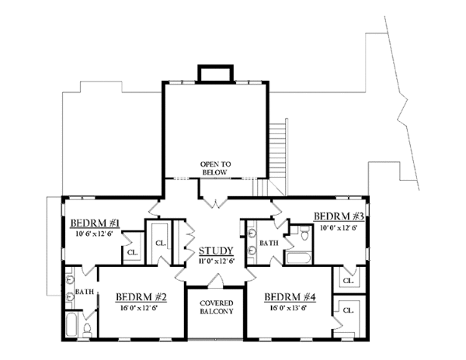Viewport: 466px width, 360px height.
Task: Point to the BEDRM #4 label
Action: click(289, 296)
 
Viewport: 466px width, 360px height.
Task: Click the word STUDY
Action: click(215, 251)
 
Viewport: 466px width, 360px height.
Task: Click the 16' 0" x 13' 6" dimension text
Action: click(289, 306)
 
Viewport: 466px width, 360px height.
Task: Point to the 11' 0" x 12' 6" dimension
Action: click(215, 261)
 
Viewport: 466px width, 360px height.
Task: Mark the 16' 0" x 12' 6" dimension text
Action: click(141, 306)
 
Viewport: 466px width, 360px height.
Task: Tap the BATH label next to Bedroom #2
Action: click(83, 293)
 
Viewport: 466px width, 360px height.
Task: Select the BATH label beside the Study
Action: click(269, 243)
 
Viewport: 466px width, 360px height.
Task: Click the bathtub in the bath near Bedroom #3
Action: click(295, 258)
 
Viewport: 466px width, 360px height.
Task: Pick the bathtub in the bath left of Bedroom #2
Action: click(71, 326)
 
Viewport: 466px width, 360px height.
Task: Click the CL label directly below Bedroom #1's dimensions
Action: click(132, 252)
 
